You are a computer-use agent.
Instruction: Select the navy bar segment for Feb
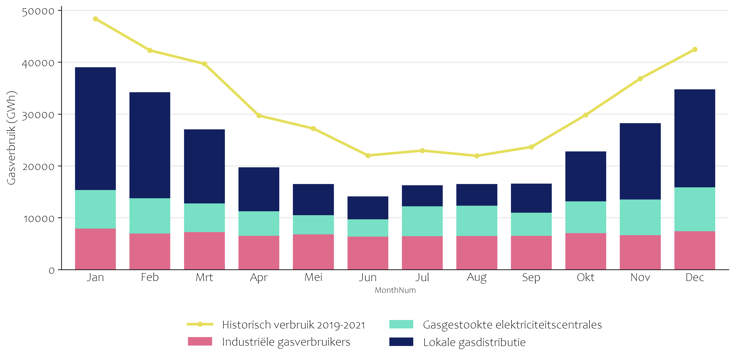pyautogui.click(x=150, y=145)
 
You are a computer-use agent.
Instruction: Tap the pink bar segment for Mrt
pyautogui.click(x=204, y=251)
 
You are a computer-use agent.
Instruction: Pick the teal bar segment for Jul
pyautogui.click(x=422, y=221)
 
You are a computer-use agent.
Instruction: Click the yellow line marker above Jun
pyautogui.click(x=368, y=156)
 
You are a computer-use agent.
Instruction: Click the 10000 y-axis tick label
pyautogui.click(x=39, y=219)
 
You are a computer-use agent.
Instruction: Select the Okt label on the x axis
pyautogui.click(x=586, y=277)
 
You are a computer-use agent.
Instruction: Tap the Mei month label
pyautogui.click(x=313, y=277)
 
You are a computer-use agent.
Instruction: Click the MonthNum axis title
pyautogui.click(x=395, y=290)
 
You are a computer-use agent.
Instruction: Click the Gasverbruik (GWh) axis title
pyautogui.click(x=11, y=138)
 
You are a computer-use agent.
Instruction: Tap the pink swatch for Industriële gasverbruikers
pyautogui.click(x=200, y=341)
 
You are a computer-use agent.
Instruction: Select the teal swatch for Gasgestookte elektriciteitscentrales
pyautogui.click(x=401, y=324)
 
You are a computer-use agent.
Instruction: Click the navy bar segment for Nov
pyautogui.click(x=640, y=161)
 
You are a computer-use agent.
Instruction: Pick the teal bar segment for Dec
pyautogui.click(x=694, y=209)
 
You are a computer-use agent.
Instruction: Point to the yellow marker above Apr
pyautogui.click(x=259, y=116)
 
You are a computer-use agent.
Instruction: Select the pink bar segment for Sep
pyautogui.click(x=531, y=252)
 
